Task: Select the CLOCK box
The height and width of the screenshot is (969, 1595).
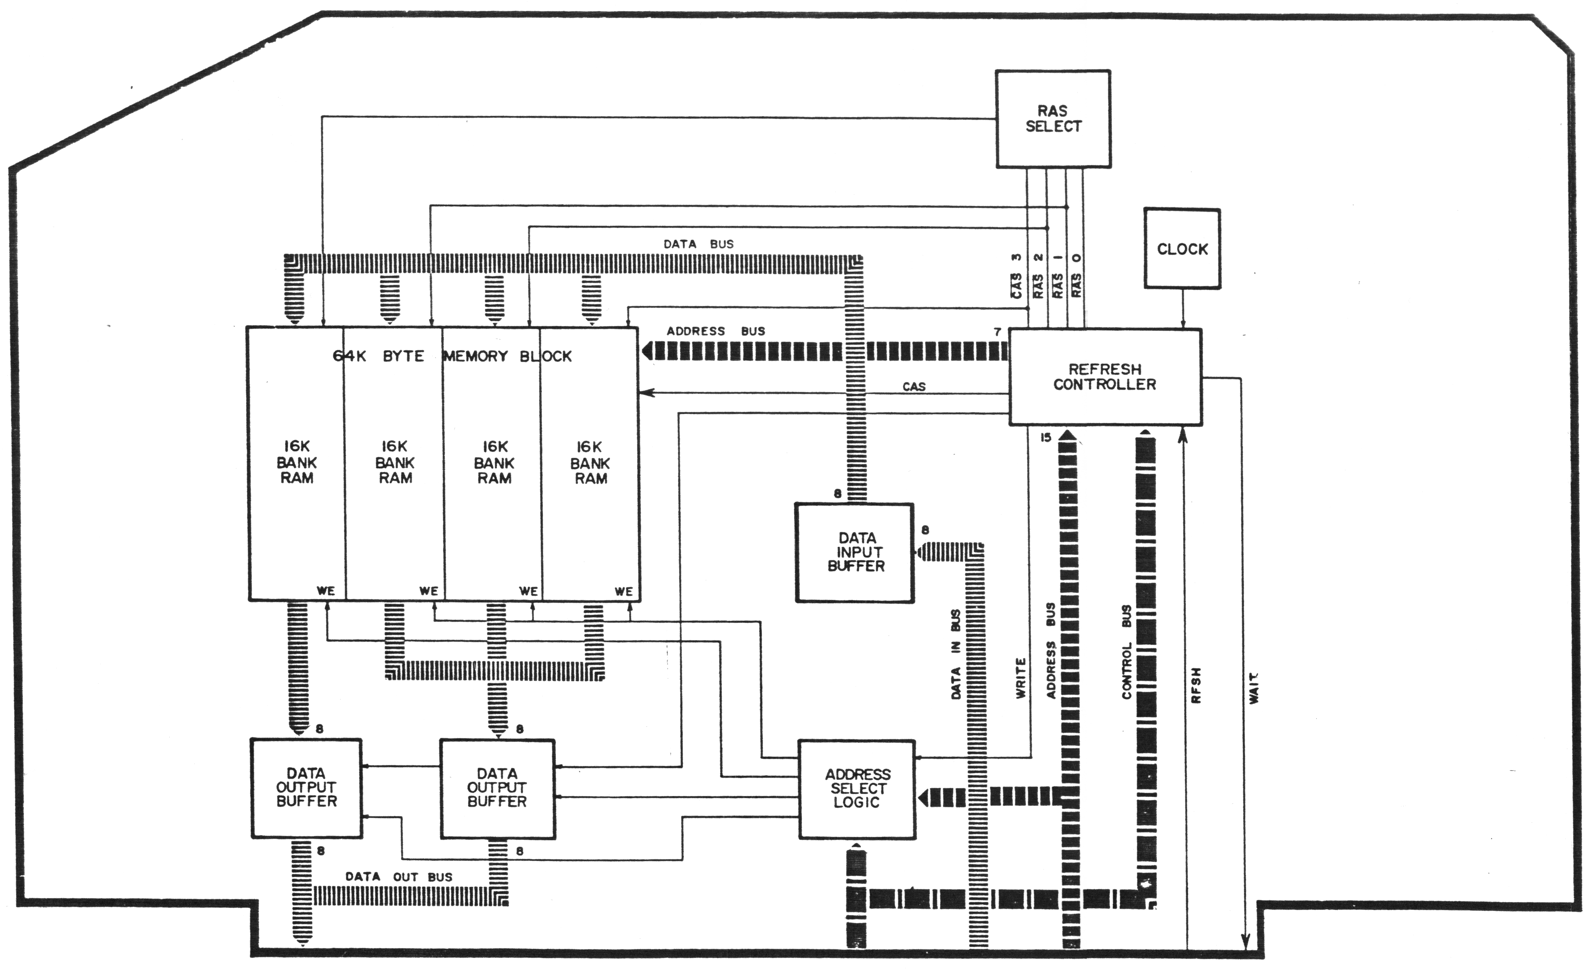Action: (x=1182, y=249)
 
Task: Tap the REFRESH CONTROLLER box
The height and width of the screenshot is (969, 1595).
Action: (x=1105, y=377)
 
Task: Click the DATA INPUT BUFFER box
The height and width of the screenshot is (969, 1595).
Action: (x=854, y=552)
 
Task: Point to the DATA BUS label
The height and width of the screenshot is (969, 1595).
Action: (x=699, y=244)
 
